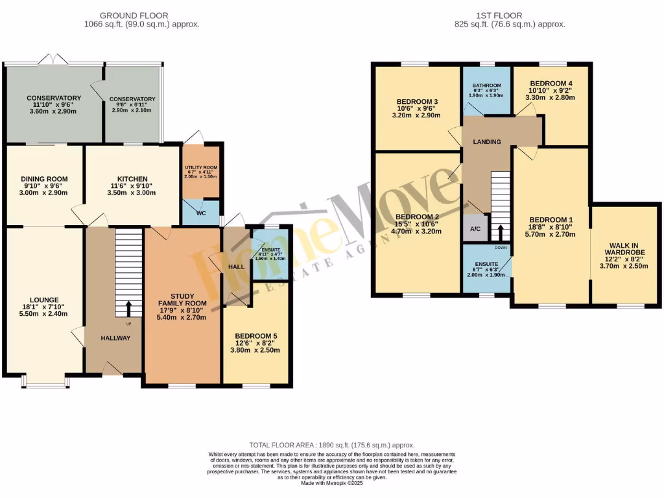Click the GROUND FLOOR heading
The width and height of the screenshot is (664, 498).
point(134,16)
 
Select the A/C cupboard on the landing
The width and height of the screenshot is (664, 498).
point(475,228)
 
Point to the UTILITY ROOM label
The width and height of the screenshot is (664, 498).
point(201,167)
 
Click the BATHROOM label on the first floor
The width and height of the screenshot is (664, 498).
point(486,86)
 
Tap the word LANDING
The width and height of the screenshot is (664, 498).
point(486,141)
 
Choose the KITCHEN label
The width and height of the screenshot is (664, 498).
point(132,179)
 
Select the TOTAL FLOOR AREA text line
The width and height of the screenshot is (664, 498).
point(331,445)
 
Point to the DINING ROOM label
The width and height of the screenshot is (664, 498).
point(44,179)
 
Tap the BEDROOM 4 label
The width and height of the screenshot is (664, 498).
point(551,84)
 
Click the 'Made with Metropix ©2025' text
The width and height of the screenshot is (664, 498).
point(331,483)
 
